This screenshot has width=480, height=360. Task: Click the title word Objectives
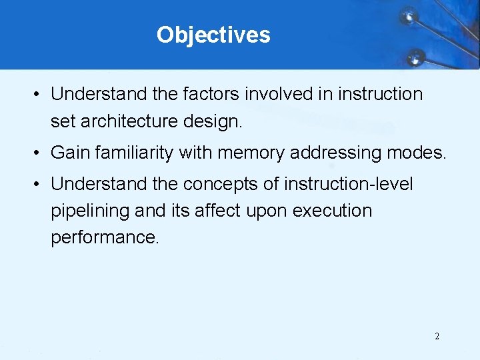pos(213,35)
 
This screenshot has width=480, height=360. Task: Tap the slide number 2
pos(437,336)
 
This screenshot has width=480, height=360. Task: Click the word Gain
pos(70,153)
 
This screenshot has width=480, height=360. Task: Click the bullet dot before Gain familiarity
pos(35,153)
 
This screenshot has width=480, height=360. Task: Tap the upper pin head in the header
pos(409,15)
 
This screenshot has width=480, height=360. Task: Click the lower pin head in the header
pos(415,55)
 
